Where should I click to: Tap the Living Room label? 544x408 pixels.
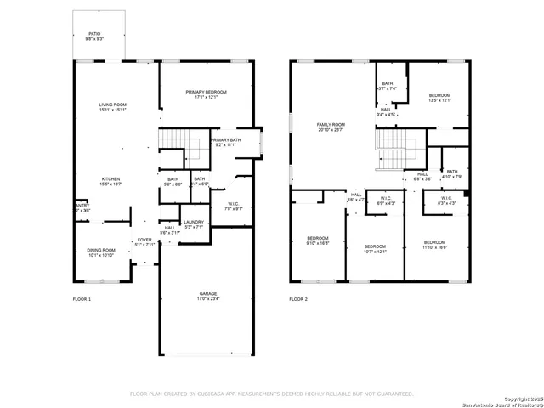pos(112,106)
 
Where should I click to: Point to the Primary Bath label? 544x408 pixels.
pos(225,143)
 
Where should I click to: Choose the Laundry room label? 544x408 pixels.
pos(194,224)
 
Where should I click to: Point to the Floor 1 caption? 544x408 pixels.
pos(82,299)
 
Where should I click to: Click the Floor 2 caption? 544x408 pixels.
pos(298,299)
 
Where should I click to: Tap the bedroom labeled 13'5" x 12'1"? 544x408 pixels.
pos(439,97)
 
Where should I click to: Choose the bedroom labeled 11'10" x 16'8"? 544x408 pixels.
pos(434,244)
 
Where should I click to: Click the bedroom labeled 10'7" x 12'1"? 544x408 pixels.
pos(375,249)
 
